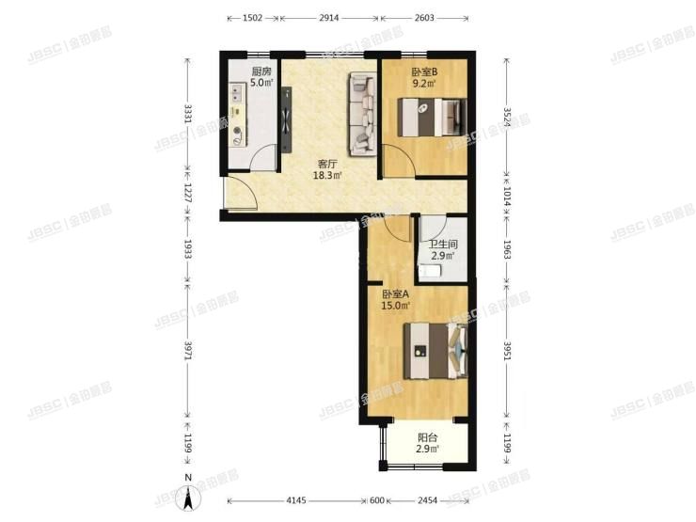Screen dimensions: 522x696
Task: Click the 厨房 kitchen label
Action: point(261,71)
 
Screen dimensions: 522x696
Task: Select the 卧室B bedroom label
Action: point(424,71)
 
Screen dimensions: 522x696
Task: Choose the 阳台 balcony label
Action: point(427,435)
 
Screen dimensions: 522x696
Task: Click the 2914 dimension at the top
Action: point(329,18)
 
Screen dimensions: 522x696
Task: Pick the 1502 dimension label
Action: point(251,18)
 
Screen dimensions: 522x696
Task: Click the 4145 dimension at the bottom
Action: point(297,500)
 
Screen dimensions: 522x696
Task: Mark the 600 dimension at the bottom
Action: point(378,500)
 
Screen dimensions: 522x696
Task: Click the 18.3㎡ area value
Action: point(327,175)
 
